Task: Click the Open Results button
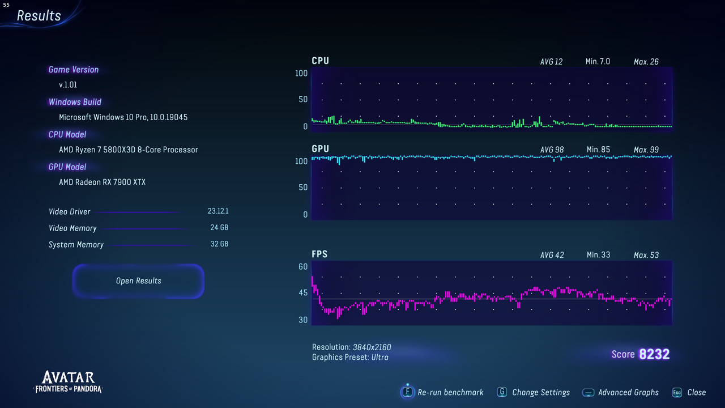(138, 281)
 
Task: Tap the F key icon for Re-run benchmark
(407, 392)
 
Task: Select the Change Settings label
(541, 392)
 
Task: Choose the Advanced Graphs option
(628, 392)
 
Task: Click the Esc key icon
(677, 392)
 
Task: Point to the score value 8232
(654, 355)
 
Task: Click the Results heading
(39, 16)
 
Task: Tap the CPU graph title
(320, 61)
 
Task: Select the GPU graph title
(320, 148)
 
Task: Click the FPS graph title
(319, 254)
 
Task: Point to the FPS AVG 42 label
(552, 255)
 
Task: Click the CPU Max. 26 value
(646, 62)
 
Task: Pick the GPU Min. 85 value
(598, 150)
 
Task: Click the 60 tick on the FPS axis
(303, 267)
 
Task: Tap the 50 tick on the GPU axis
(303, 188)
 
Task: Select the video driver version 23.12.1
(218, 211)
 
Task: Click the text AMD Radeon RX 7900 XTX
(103, 182)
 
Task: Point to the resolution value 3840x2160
(372, 347)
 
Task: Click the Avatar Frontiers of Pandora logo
(68, 382)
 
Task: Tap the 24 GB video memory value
(219, 228)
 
